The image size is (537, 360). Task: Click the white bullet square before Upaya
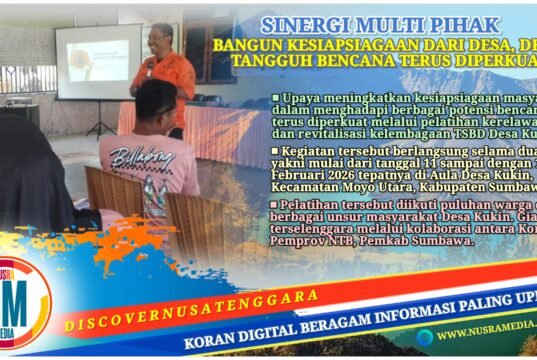(275, 99)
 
